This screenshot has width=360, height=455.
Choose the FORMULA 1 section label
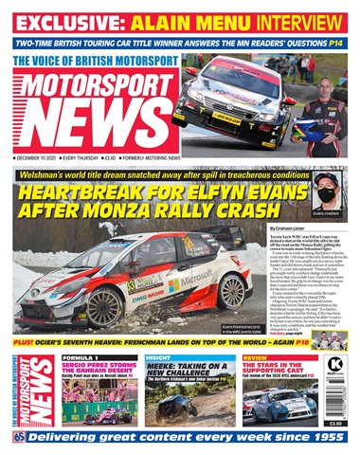(x=83, y=357)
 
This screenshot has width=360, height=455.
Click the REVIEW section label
(x=256, y=357)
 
